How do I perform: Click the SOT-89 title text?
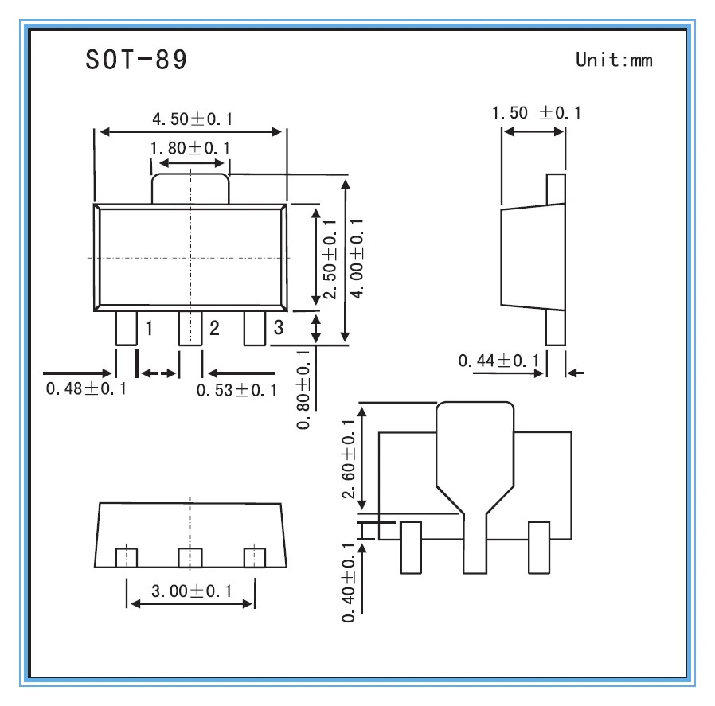[x=136, y=59]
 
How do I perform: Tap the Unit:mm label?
[x=614, y=60]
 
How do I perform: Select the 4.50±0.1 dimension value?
[x=192, y=119]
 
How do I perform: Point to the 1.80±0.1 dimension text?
[x=189, y=148]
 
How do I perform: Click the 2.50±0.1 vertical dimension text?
[x=329, y=259]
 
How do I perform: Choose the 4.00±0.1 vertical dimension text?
[x=357, y=259]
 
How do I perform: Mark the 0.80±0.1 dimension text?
[x=303, y=390]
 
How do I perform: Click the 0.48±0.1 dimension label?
[x=86, y=388]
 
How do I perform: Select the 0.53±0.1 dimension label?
[x=236, y=390]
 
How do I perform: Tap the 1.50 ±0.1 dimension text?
[x=537, y=112]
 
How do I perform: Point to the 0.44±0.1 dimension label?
[x=498, y=361]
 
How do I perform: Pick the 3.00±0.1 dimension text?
[x=192, y=591]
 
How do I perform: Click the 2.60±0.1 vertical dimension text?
[x=348, y=459]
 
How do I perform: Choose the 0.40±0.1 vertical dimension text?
[x=348, y=583]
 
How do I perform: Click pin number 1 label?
[x=149, y=328]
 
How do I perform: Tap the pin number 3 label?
[x=278, y=327]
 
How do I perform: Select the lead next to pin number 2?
[x=190, y=328]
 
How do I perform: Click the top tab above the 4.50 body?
[x=190, y=189]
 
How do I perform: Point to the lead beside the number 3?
[x=255, y=328]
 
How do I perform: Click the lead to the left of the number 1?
[x=127, y=328]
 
